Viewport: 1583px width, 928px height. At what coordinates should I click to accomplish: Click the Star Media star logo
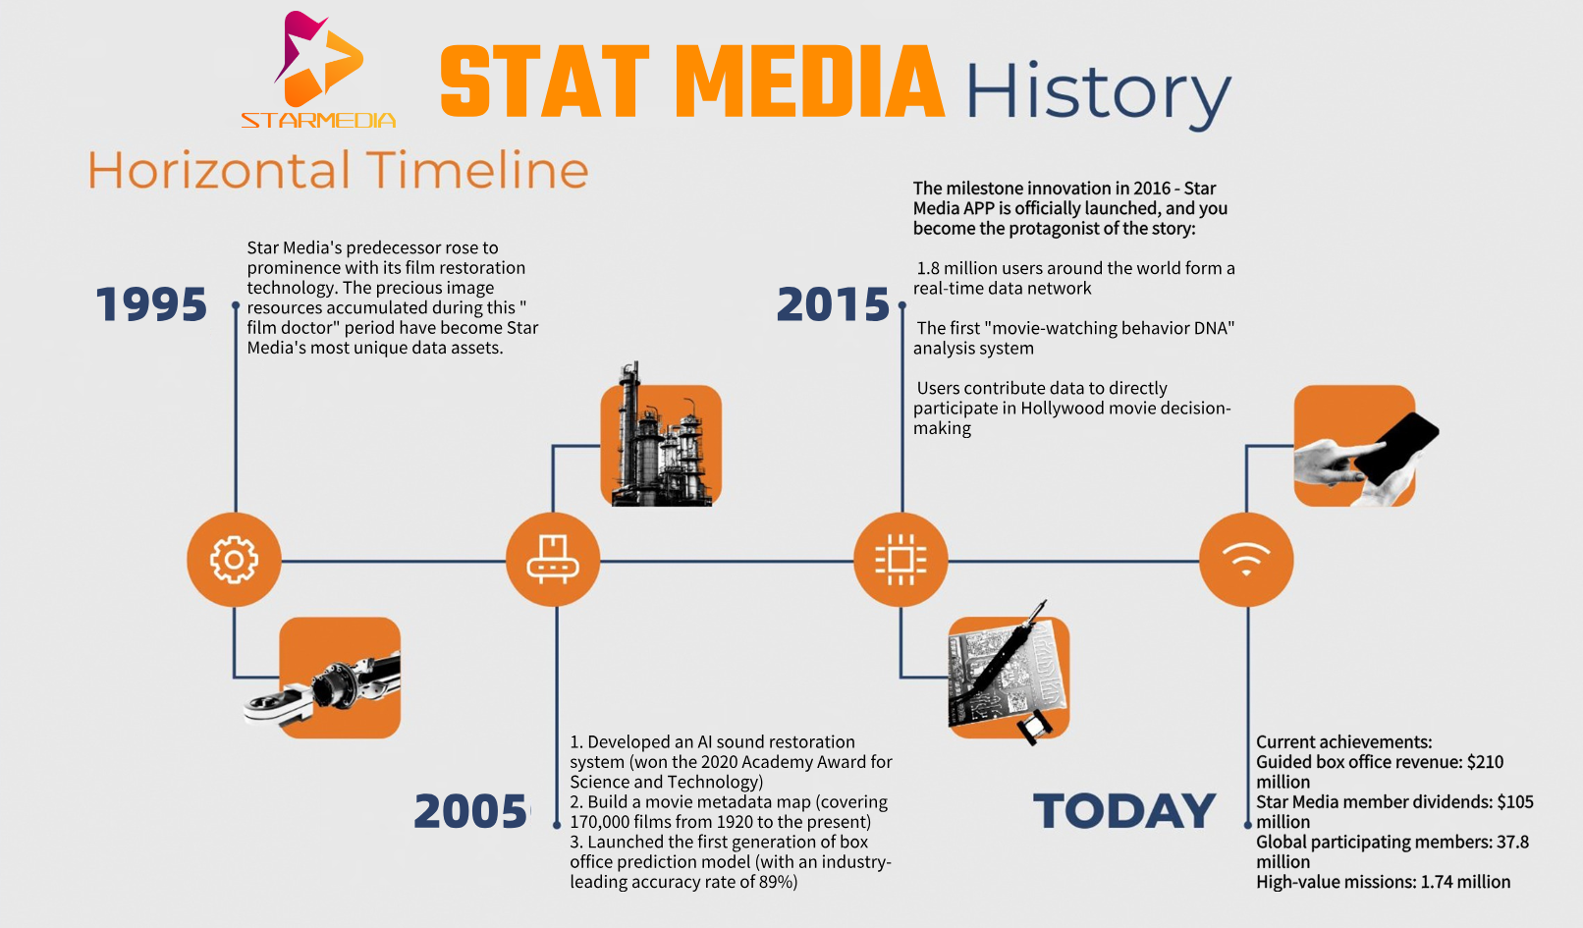coord(318,59)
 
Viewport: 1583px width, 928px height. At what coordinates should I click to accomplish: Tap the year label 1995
coord(151,304)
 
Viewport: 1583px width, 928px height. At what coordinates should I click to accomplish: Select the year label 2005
coord(470,811)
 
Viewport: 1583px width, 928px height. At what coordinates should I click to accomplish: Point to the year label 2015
coord(833,304)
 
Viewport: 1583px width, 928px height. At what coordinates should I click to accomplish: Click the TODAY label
coord(1124,811)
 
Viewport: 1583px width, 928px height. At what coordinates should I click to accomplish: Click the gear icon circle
coord(234,560)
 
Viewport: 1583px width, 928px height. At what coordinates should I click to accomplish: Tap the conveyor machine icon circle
coord(553,560)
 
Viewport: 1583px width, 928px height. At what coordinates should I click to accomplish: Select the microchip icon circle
coord(901,560)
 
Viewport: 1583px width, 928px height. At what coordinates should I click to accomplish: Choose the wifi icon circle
coord(1246,560)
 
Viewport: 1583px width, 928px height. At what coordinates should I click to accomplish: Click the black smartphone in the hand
coord(1396,449)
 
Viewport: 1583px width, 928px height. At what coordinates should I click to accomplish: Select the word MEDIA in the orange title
coord(810,82)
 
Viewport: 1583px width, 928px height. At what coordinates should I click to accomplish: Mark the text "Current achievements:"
coord(1343,742)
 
